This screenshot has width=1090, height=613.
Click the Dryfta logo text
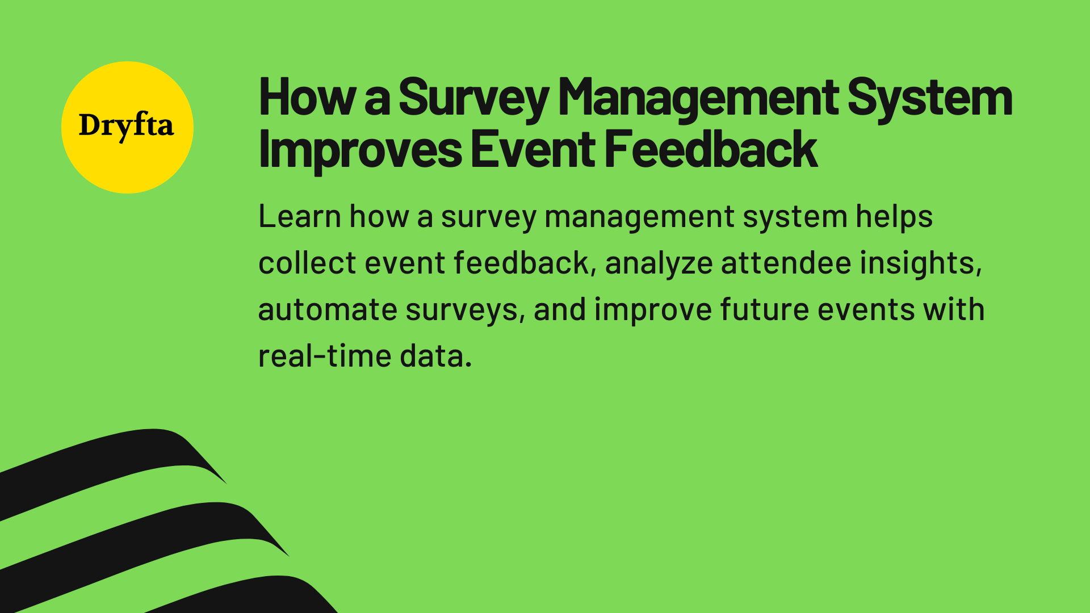coord(126,126)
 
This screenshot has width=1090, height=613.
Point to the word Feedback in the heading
coord(710,149)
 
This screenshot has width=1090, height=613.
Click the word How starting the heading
coord(307,98)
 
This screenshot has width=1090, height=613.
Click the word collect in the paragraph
coord(307,263)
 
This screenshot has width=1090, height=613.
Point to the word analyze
coord(659,264)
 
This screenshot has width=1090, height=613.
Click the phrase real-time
coord(324,356)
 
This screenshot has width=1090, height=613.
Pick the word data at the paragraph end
coord(435,356)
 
